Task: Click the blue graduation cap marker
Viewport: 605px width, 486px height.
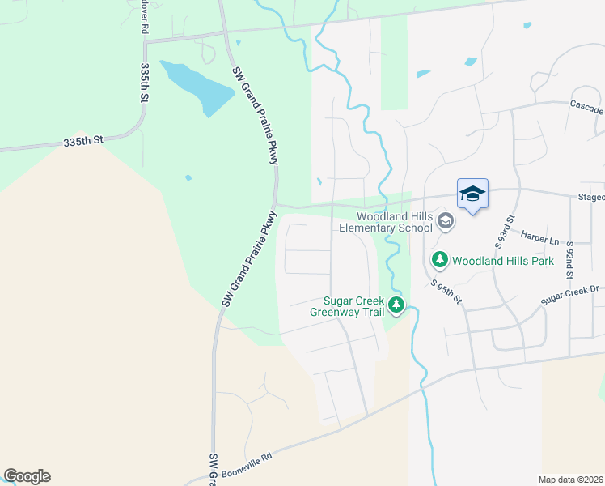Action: point(472,194)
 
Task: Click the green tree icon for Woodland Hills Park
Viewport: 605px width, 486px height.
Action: point(439,260)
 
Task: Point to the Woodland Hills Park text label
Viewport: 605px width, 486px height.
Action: point(502,261)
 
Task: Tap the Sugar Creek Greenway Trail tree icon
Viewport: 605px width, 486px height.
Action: point(396,305)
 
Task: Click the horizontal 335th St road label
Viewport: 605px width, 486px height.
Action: point(83,141)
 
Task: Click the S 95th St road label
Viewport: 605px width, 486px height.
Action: point(446,292)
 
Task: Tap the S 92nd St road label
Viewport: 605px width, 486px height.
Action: point(569,259)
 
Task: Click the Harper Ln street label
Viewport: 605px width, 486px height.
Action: point(541,240)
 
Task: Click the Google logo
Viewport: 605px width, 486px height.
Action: point(27,476)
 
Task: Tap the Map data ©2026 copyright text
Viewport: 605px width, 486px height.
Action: point(571,480)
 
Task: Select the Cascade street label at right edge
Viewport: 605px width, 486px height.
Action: point(586,108)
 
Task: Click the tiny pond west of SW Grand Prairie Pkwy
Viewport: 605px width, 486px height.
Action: point(188,177)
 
